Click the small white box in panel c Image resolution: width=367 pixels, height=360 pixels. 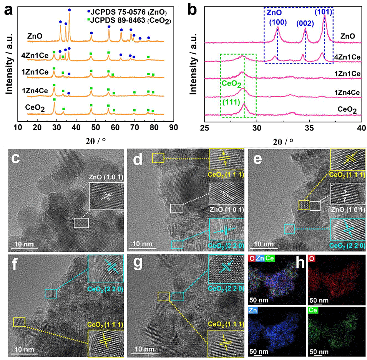pos(81,223)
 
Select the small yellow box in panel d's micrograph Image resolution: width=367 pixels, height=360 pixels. pos(158,157)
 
